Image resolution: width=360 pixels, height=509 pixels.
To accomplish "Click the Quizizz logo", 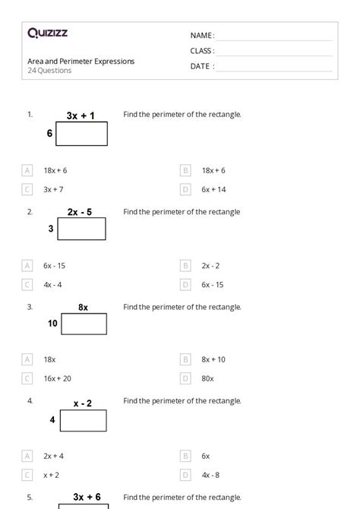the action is [47, 33].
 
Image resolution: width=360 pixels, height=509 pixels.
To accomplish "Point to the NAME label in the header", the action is [201, 36].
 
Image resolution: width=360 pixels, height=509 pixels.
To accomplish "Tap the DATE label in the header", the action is [201, 66].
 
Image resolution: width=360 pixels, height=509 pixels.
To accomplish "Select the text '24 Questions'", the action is [49, 71].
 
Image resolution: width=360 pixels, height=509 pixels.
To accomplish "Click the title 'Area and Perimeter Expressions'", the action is [81, 61].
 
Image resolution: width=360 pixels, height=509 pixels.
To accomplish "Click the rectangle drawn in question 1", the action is [81, 134].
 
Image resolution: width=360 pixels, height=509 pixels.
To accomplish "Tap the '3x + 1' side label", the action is [81, 115].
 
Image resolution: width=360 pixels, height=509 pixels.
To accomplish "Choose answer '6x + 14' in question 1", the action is [213, 189].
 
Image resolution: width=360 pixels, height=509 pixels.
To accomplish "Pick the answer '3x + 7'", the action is [53, 189].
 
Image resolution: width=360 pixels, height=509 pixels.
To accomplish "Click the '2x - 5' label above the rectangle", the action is [80, 212].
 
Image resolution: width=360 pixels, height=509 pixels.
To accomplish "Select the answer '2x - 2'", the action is [210, 265].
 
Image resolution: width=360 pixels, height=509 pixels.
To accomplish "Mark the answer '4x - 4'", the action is [52, 284].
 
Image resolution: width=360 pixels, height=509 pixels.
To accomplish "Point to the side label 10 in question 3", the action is [52, 323].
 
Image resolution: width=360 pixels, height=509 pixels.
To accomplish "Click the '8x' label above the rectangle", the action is [83, 307].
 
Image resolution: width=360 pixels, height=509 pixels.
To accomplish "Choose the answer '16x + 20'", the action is [57, 378].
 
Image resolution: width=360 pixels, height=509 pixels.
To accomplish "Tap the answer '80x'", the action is [207, 378].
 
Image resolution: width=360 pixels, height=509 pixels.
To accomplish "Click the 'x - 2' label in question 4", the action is [83, 403].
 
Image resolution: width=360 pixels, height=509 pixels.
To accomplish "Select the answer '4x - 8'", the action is [210, 475].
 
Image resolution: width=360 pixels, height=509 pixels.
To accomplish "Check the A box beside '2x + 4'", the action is [28, 456].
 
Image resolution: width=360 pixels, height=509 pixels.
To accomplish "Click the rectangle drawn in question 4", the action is [83, 420].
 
